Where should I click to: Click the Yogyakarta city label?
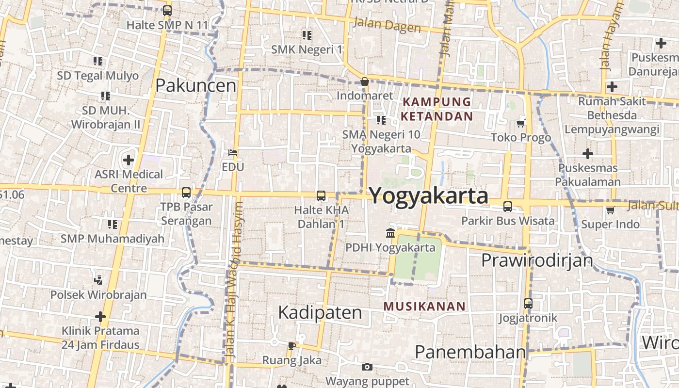(429, 196)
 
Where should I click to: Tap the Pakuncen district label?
(195, 86)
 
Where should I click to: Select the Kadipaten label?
(320, 313)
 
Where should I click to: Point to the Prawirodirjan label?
(537, 260)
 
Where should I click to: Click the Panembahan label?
(470, 352)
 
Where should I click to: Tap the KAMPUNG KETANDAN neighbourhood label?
(437, 109)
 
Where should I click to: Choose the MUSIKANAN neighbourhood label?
(424, 307)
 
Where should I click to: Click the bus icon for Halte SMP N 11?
(167, 10)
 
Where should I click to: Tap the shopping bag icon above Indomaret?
(365, 81)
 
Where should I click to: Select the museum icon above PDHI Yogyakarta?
(390, 233)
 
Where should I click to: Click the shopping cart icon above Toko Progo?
(521, 123)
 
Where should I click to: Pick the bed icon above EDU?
(233, 153)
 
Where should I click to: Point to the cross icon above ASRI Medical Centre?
(129, 160)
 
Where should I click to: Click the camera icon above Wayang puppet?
(367, 367)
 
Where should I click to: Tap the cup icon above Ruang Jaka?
(291, 346)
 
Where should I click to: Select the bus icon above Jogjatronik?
(528, 304)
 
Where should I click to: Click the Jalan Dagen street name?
(387, 25)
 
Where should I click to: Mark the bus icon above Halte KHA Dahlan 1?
(321, 196)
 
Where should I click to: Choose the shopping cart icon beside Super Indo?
(610, 210)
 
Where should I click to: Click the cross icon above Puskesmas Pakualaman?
(588, 154)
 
